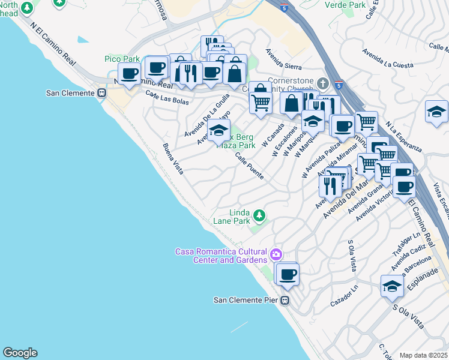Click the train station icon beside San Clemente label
[101, 93]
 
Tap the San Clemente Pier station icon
[286, 300]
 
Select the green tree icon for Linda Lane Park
[259, 214]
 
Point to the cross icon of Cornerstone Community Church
[323, 83]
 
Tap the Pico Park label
[122, 59]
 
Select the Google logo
[20, 353]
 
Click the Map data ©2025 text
[423, 355]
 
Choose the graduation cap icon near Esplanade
[392, 286]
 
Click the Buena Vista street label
[173, 158]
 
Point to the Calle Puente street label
[249, 166]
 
